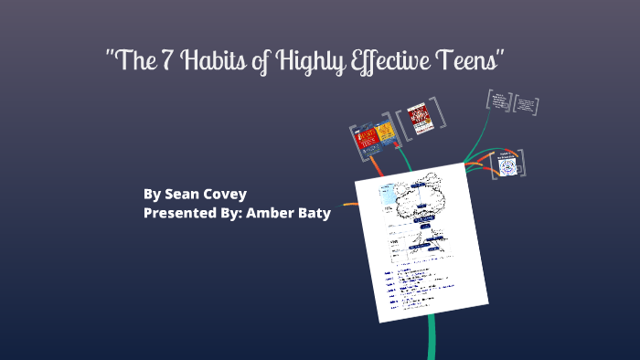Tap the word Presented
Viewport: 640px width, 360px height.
tap(179, 213)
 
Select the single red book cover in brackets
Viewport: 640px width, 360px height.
tap(417, 118)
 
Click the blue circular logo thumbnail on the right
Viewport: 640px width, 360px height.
tap(507, 165)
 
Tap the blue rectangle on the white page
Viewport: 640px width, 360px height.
tap(388, 193)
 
